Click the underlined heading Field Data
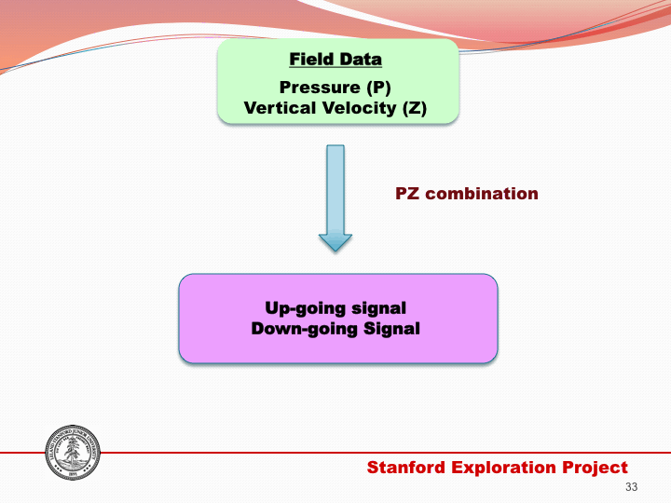335,60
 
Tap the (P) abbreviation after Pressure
376,88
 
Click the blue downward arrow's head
335,240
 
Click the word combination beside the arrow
482,194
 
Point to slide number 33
631,488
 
